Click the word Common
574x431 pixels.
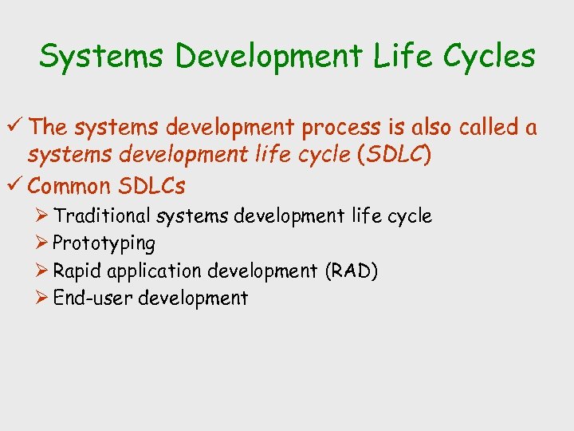pyautogui.click(x=69, y=187)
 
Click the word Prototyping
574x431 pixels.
pyautogui.click(x=104, y=243)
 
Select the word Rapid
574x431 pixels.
pyautogui.click(x=77, y=271)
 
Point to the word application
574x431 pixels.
pyautogui.click(x=155, y=271)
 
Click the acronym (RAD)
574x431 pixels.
pyautogui.click(x=351, y=271)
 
